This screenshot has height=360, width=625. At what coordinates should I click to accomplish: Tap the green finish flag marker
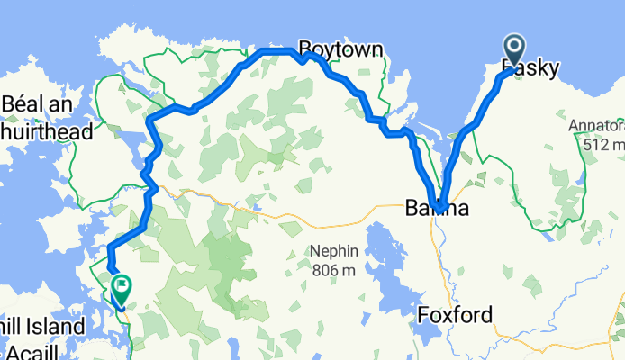120,289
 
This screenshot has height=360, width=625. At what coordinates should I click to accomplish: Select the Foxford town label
456,315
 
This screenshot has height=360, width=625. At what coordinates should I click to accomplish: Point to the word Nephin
336,251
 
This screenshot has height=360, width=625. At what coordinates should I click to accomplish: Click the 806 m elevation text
336,269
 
